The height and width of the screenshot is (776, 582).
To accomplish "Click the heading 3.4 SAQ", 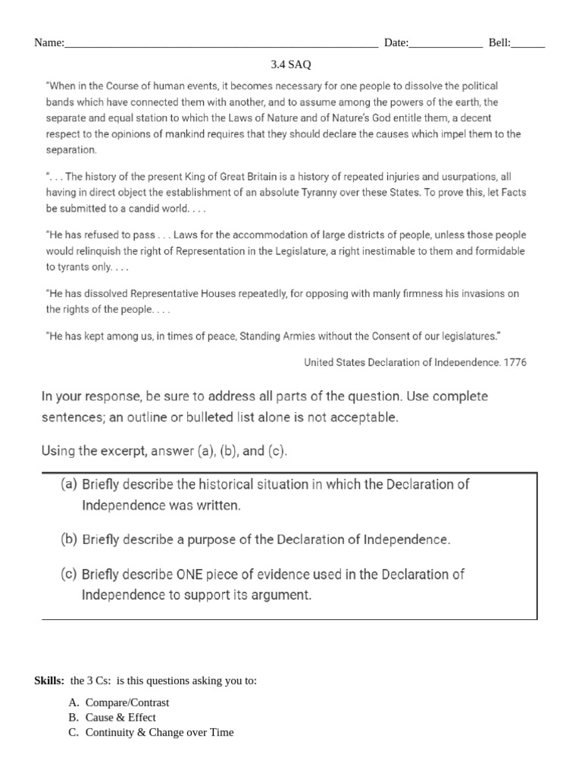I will pyautogui.click(x=291, y=65).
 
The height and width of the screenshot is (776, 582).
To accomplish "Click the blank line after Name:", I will pyautogui.click(x=221, y=45).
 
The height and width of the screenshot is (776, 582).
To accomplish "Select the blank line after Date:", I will pyautogui.click(x=446, y=45).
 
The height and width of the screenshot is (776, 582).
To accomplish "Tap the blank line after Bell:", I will pyautogui.click(x=528, y=45).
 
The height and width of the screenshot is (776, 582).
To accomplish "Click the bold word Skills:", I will pyautogui.click(x=50, y=681).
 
